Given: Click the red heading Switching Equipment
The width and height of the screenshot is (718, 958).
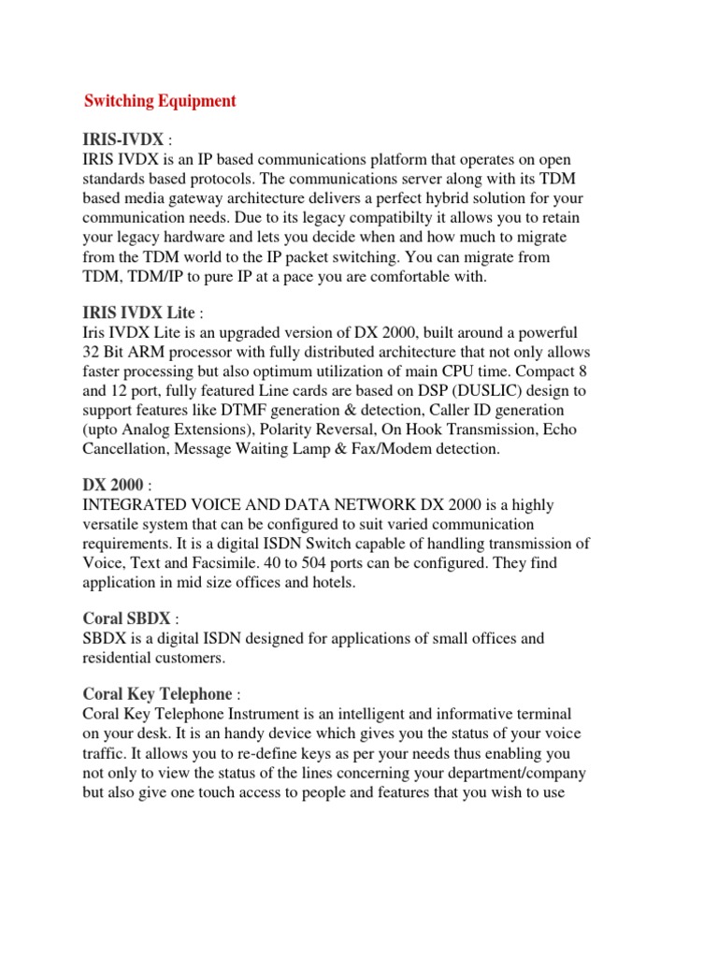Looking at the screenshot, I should (160, 101).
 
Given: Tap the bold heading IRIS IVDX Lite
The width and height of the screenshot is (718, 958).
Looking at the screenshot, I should (139, 312).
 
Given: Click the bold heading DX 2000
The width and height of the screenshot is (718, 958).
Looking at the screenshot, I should (113, 485).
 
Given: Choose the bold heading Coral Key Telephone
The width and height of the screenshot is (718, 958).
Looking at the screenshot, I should (157, 694).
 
